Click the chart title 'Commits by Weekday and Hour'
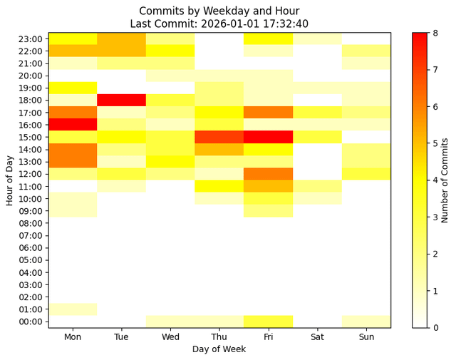tap(219, 11)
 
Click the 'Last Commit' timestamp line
tap(219, 24)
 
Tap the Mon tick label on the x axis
tap(73, 336)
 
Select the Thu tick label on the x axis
tap(219, 336)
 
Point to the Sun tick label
tap(366, 336)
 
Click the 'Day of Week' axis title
tap(219, 349)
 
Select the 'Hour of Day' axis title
tap(10, 180)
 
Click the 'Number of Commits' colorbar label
tap(445, 180)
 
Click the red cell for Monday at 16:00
tap(73, 125)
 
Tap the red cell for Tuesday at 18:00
tap(122, 100)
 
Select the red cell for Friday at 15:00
tap(268, 137)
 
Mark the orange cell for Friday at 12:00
tap(268, 174)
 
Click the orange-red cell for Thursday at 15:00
tap(219, 137)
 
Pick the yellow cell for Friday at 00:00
tap(268, 322)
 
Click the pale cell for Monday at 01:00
tap(73, 309)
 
